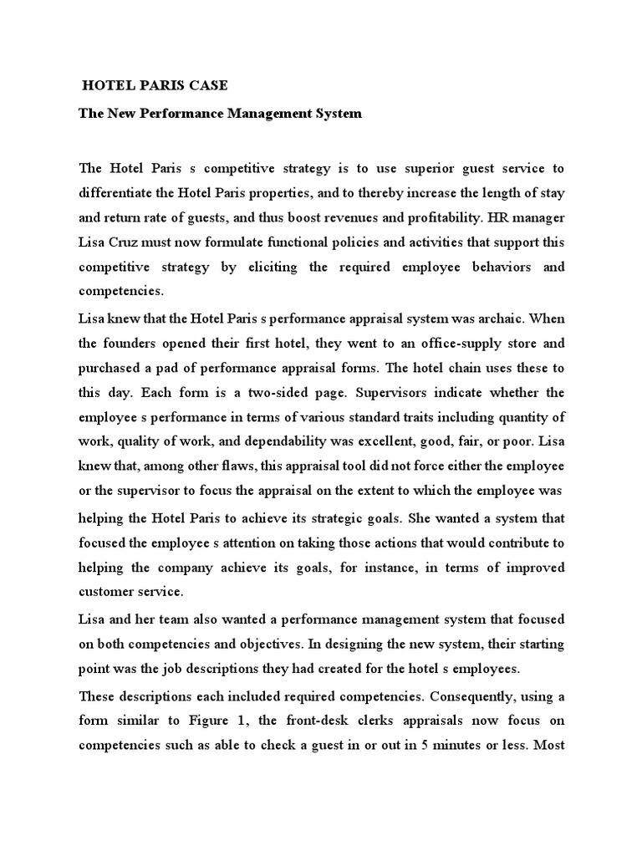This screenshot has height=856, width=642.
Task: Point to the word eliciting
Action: (x=273, y=267)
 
